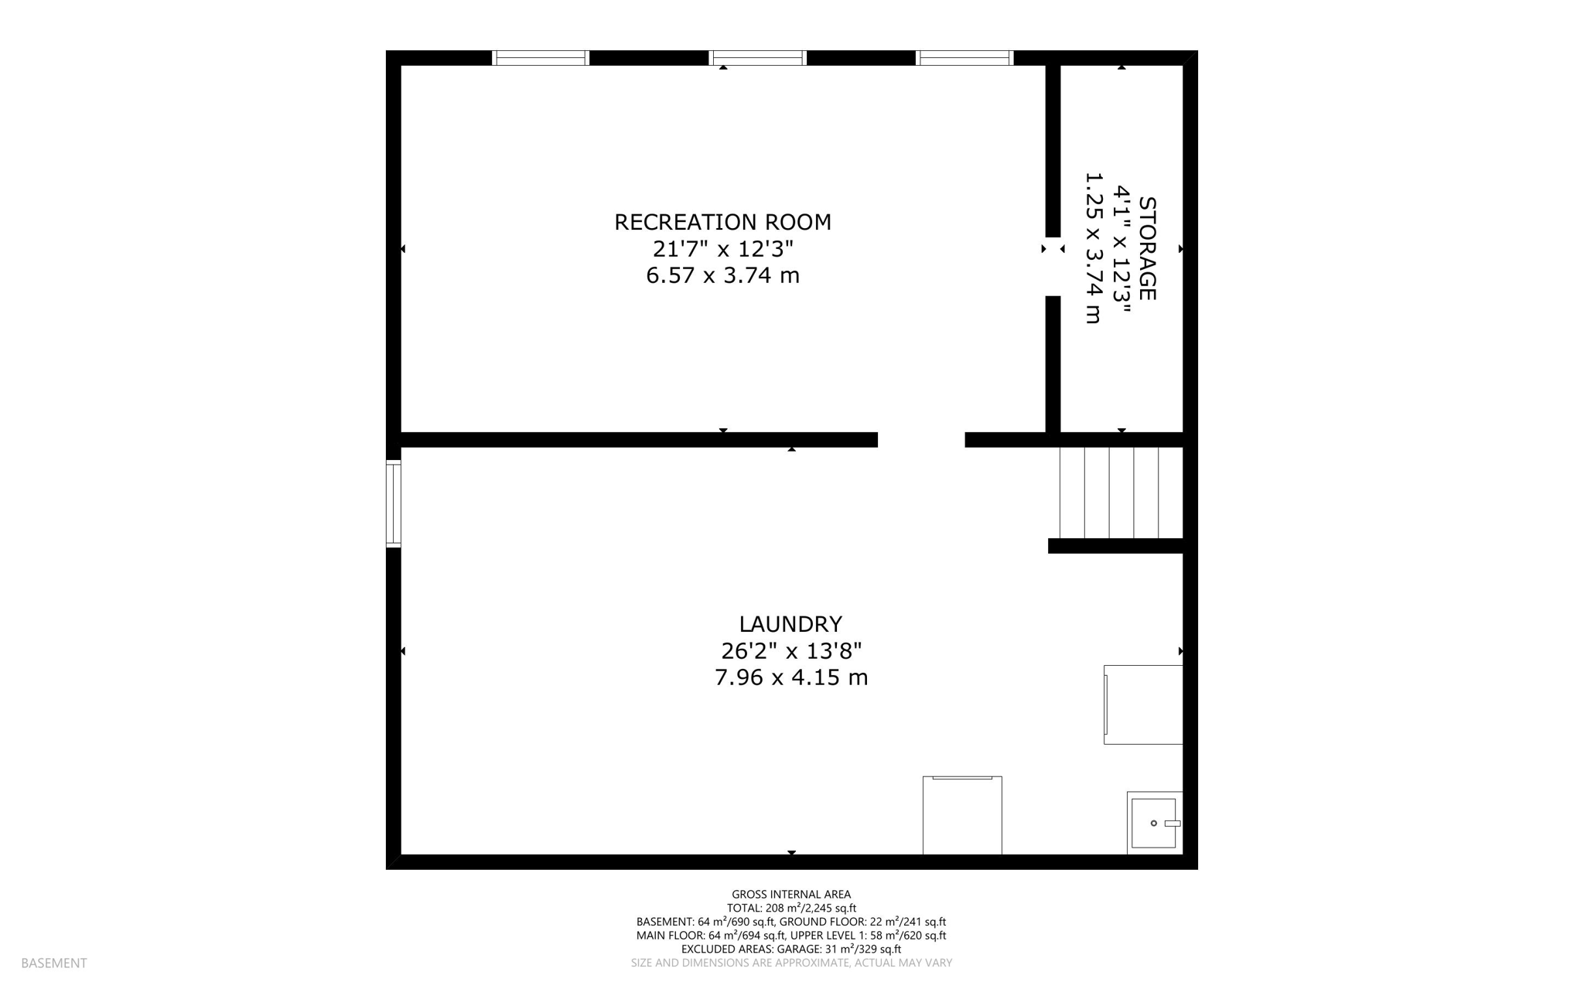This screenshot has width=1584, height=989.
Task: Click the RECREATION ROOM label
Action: point(722,223)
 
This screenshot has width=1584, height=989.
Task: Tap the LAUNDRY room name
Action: point(790,624)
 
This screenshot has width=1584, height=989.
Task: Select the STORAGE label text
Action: point(1146,248)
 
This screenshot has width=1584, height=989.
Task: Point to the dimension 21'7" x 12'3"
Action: point(722,249)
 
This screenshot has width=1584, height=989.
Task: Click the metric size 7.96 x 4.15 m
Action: point(790,677)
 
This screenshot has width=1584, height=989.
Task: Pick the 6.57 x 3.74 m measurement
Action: point(722,275)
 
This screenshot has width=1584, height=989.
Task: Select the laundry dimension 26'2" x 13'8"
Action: point(790,651)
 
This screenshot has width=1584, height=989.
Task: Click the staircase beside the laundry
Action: point(1120,492)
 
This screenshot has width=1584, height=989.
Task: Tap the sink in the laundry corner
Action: point(1154,823)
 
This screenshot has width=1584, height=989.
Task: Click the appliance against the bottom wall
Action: point(962,815)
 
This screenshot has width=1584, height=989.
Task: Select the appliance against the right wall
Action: point(1143,704)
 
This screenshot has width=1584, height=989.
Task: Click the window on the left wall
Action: point(394,503)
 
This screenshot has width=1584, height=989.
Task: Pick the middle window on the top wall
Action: point(758,58)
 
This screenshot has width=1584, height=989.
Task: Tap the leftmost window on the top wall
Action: point(541,58)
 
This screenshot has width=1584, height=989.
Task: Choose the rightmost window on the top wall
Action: point(964,58)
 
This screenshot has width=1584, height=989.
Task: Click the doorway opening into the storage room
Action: point(1053,266)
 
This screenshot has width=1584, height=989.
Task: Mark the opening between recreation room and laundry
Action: point(921,440)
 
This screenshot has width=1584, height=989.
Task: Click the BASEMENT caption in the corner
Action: point(54,963)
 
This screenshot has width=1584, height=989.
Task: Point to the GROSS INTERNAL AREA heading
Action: point(790,895)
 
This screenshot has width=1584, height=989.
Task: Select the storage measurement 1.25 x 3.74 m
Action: point(1092,248)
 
